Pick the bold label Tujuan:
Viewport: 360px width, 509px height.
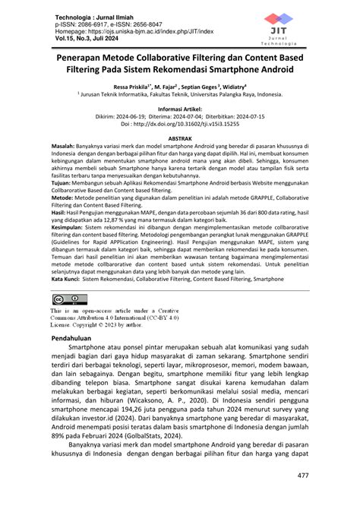[x=63, y=183]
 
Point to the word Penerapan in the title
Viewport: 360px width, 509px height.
[x=84, y=57]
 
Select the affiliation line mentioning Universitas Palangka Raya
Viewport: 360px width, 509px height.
[x=180, y=96]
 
